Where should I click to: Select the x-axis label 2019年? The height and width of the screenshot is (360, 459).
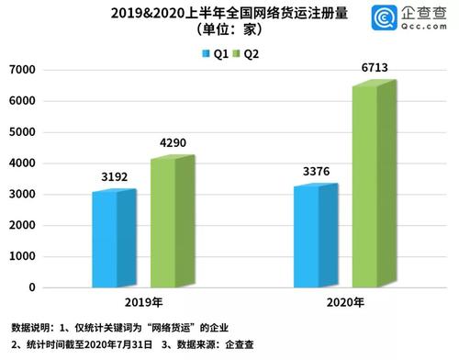141,304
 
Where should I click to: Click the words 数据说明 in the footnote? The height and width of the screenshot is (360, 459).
33,328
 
